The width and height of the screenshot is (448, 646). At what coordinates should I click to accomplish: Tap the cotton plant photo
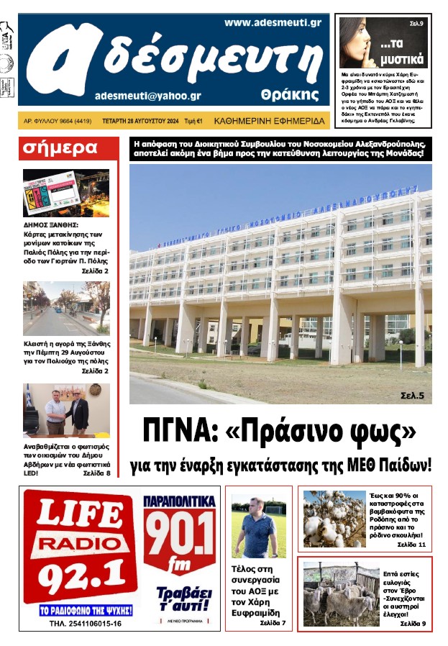(334, 518)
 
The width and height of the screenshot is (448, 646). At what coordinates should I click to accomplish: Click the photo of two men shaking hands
(66, 410)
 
